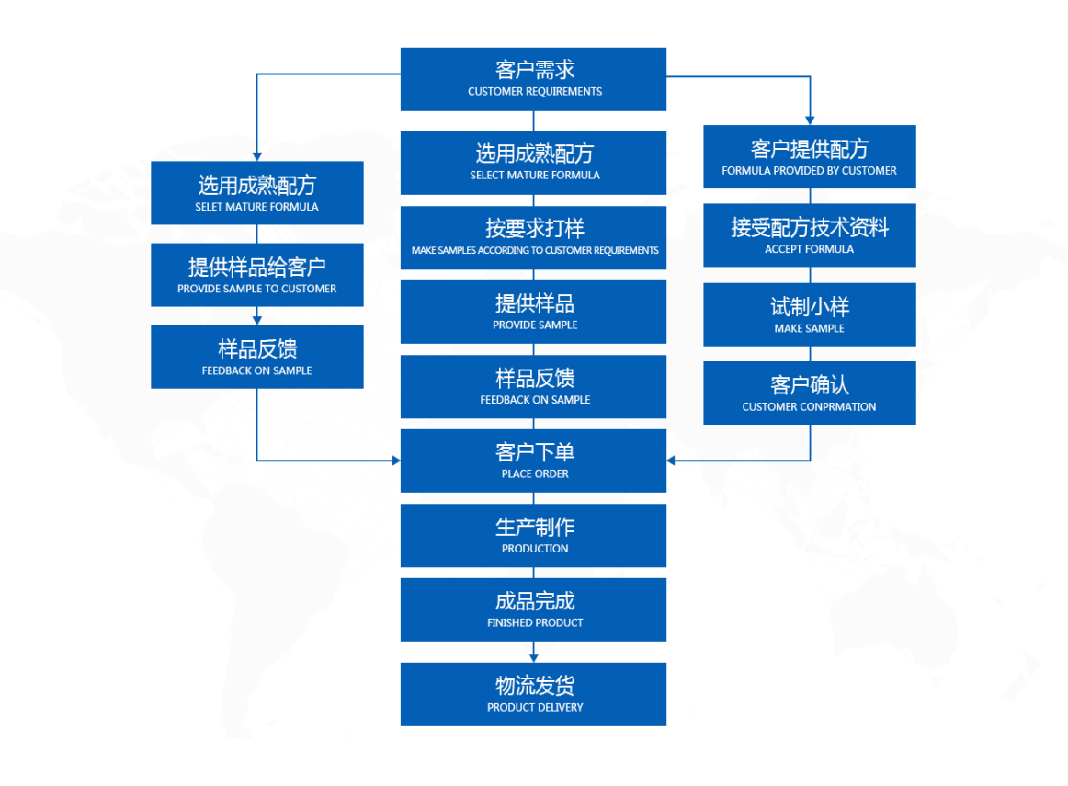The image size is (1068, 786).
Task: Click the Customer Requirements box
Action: coord(533,79)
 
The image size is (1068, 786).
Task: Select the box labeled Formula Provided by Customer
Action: coord(809,156)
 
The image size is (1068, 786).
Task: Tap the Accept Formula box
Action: coord(809,235)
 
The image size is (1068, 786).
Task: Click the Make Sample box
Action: coord(809,314)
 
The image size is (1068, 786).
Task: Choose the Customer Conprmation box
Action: coord(809,393)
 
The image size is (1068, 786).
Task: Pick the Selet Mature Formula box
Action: coord(256,193)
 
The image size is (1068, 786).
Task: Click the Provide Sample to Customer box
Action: coord(256,275)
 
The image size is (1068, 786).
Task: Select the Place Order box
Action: coord(533,461)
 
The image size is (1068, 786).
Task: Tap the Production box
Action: coord(533,535)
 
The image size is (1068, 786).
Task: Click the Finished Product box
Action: coord(533,609)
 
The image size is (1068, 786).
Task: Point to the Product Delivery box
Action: coord(533,694)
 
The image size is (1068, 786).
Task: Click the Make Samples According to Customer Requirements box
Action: coord(533,237)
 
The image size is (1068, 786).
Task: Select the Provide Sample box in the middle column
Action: coord(533,312)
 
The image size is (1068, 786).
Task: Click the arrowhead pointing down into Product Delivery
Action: coord(533,656)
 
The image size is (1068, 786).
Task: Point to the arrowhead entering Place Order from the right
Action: coord(672,461)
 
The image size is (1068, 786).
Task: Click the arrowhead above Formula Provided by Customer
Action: coord(810,119)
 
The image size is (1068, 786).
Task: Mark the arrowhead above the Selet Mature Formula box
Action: coord(256,155)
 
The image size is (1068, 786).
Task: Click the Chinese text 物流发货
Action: coord(534,686)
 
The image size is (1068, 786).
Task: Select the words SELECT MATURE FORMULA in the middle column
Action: coord(534,175)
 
